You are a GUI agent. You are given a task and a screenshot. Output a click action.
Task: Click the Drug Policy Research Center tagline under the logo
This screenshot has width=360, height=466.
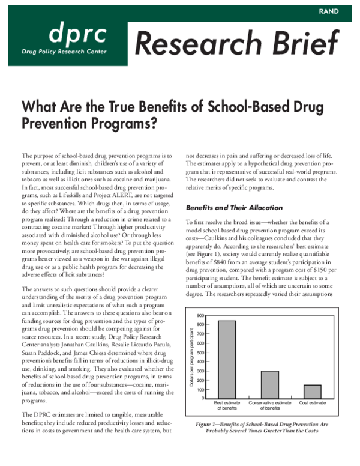[64, 52]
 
